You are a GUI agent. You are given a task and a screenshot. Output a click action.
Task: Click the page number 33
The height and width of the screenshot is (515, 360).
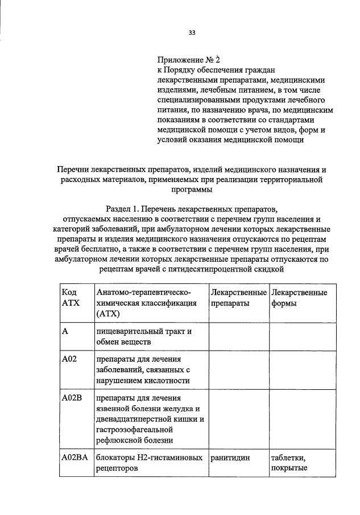192,32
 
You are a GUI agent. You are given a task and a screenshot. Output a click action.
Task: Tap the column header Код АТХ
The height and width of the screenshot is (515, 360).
71,298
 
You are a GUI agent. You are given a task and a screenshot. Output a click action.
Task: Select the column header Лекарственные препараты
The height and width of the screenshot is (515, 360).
238,298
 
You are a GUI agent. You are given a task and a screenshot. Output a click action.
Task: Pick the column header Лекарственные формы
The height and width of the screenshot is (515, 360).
299,298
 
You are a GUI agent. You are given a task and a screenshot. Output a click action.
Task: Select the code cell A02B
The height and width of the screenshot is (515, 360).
71,397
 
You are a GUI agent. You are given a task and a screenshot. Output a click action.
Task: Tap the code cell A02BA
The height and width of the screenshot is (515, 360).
74,458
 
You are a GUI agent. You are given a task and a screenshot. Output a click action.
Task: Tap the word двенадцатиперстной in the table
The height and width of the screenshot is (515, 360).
137,419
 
